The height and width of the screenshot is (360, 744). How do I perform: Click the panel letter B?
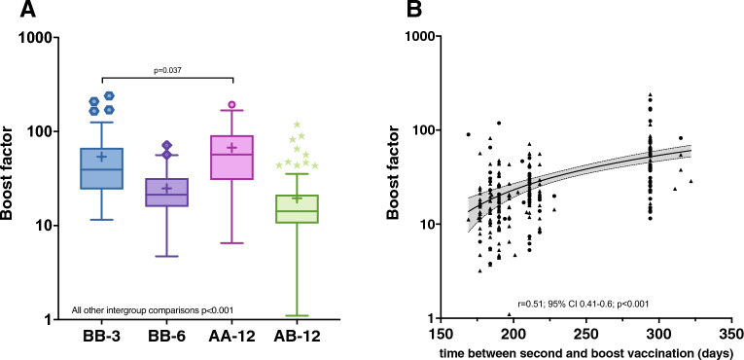tap(413, 12)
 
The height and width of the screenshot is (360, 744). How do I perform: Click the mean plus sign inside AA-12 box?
tap(232, 148)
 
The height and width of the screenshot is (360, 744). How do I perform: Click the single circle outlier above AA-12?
tap(232, 105)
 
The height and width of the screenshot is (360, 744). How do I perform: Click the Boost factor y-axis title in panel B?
tap(398, 177)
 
